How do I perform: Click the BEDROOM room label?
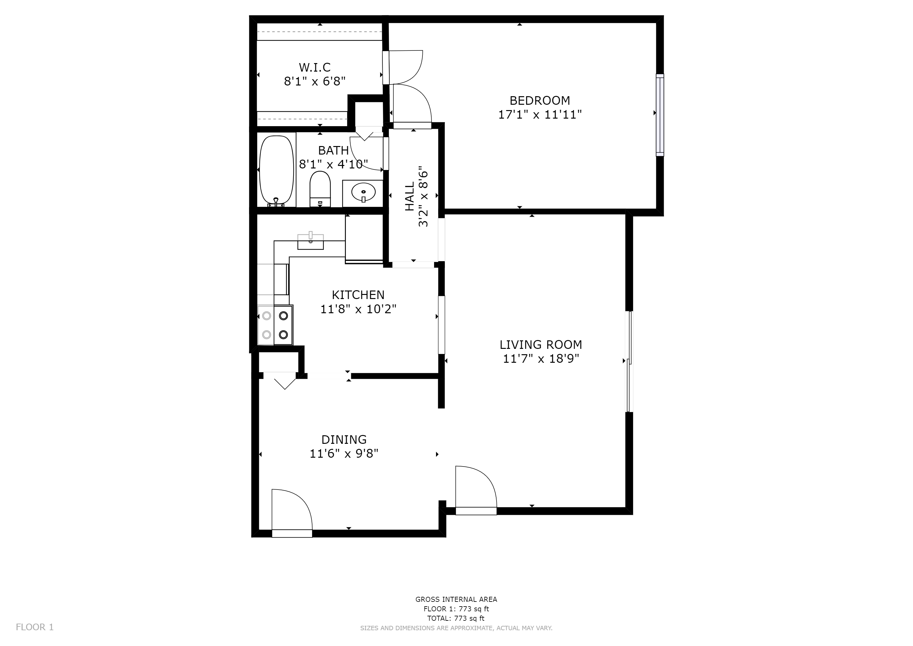[540, 100]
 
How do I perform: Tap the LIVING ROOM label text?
[541, 344]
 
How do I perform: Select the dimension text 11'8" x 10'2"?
[358, 309]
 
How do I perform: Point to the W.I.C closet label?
[315, 67]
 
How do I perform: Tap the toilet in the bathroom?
[320, 189]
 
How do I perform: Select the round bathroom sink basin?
[363, 192]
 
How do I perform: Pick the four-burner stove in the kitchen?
[275, 325]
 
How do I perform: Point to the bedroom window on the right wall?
[660, 115]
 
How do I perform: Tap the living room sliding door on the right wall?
[629, 361]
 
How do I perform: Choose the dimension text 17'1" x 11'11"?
[540, 115]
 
